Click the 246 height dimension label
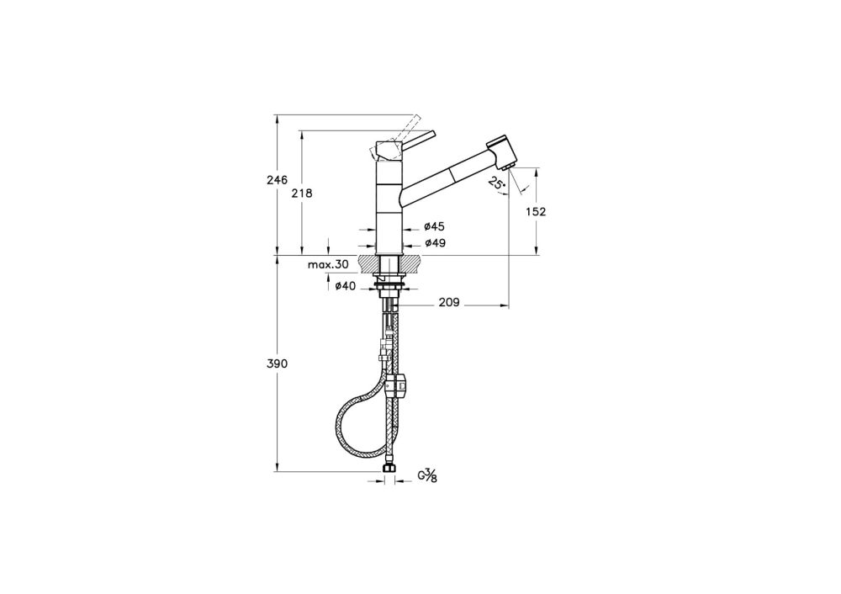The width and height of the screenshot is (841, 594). (x=278, y=180)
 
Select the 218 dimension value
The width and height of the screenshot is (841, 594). (x=302, y=194)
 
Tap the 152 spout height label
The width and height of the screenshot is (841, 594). (x=535, y=211)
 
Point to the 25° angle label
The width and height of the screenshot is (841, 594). (x=497, y=183)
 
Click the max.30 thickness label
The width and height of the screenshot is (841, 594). (x=328, y=264)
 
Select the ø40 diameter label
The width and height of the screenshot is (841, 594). (x=345, y=287)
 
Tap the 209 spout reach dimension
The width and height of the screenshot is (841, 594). (x=449, y=303)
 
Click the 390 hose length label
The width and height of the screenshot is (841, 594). (x=278, y=363)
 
